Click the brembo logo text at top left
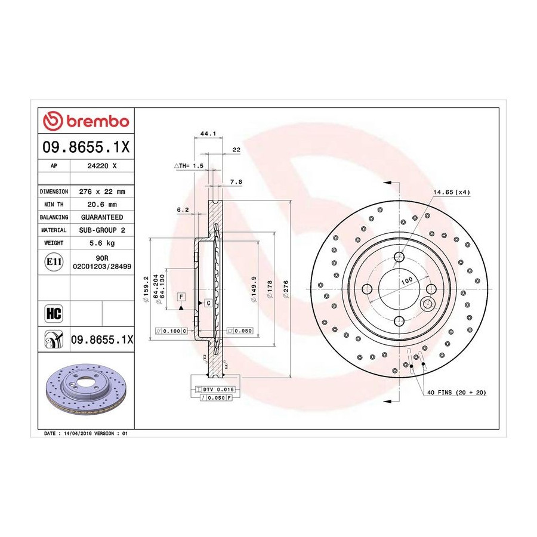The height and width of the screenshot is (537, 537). (97, 122)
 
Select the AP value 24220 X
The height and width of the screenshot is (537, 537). (102, 166)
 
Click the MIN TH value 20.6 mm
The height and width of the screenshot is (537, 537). (102, 205)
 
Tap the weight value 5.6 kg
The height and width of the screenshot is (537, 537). (102, 243)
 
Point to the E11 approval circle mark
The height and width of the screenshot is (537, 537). (54, 262)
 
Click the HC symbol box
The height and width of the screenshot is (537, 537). (54, 313)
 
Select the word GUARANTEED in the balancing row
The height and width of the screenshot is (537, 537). (102, 217)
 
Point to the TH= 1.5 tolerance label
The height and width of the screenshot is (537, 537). (189, 166)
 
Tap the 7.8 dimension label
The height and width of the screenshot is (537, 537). (236, 182)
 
